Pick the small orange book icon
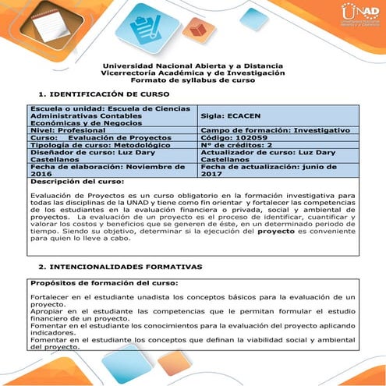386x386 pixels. click(x=197, y=30)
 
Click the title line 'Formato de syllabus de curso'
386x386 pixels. click(x=193, y=80)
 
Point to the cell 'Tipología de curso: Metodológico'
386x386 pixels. click(x=83, y=143)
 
